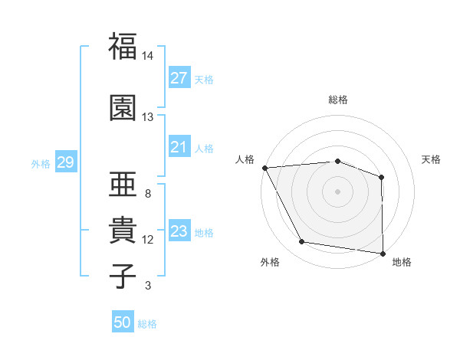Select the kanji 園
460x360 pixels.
pos(122,108)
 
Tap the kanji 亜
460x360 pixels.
pos(122,184)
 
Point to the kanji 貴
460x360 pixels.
pos(122,230)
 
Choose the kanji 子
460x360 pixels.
pos(122,276)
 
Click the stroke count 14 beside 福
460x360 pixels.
pos(148,56)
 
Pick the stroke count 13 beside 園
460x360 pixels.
pos(148,117)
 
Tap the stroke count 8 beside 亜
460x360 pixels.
pos(148,193)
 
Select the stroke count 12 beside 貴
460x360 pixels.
pos(148,240)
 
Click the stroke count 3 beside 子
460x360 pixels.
pos(148,286)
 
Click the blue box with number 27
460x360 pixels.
pos(179,78)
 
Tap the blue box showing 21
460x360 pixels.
pos(179,147)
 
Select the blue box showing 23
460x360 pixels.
pos(179,231)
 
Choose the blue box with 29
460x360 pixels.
pos(65,162)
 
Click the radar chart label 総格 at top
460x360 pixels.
pos(338,100)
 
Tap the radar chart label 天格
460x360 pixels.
pos(432,159)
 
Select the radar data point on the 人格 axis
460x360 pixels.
pos(264,167)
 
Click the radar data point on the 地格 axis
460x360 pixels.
pos(383,253)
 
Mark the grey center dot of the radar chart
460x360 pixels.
pos(338,191)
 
